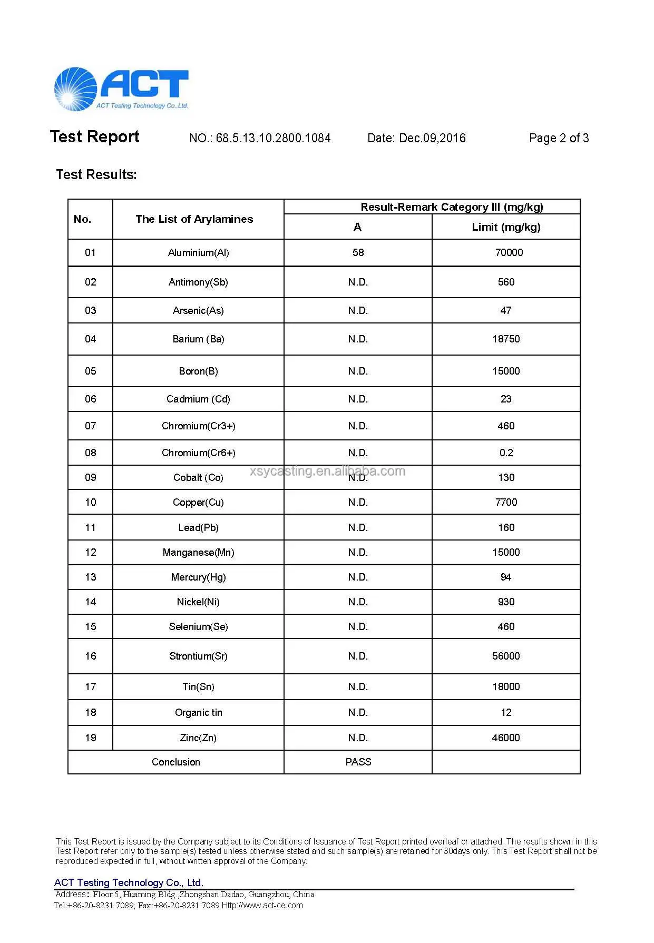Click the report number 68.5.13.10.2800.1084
(273, 138)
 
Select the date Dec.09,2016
(432, 138)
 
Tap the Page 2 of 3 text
(559, 138)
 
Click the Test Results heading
(96, 174)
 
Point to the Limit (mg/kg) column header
(506, 227)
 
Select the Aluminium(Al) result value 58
(358, 253)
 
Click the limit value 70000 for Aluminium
(509, 253)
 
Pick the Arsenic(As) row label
(198, 311)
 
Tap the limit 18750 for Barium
(506, 339)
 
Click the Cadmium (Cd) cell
(198, 399)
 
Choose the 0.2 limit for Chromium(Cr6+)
(506, 453)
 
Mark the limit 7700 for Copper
(506, 503)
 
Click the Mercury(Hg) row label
(198, 577)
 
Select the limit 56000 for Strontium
(506, 656)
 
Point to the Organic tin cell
(198, 713)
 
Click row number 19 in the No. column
(91, 738)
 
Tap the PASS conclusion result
(358, 762)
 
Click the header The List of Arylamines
(194, 219)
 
